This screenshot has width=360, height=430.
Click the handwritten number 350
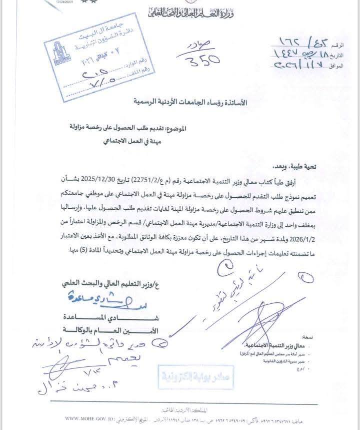tap(198, 61)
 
